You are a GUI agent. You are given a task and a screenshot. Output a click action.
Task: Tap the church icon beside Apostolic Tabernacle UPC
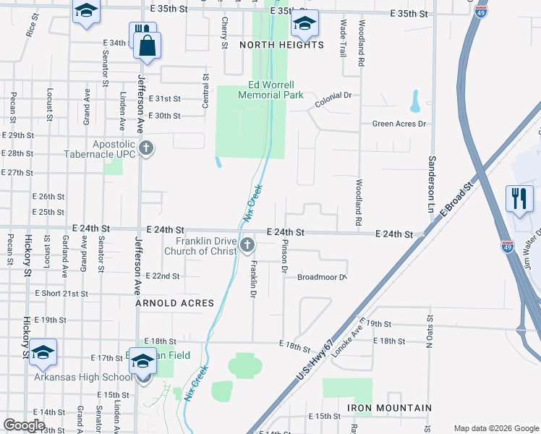click(146, 149)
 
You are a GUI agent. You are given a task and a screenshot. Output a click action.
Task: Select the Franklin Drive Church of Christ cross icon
click(247, 246)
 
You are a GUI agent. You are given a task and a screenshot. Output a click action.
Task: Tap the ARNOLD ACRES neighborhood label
click(175, 303)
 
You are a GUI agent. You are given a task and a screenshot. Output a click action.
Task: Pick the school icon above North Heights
click(304, 25)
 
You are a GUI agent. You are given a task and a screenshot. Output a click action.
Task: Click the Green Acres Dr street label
click(399, 124)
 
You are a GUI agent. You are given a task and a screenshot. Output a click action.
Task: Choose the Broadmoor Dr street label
click(323, 276)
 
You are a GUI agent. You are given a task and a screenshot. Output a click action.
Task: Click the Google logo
click(24, 425)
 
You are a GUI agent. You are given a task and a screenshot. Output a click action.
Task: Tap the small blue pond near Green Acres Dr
click(415, 101)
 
